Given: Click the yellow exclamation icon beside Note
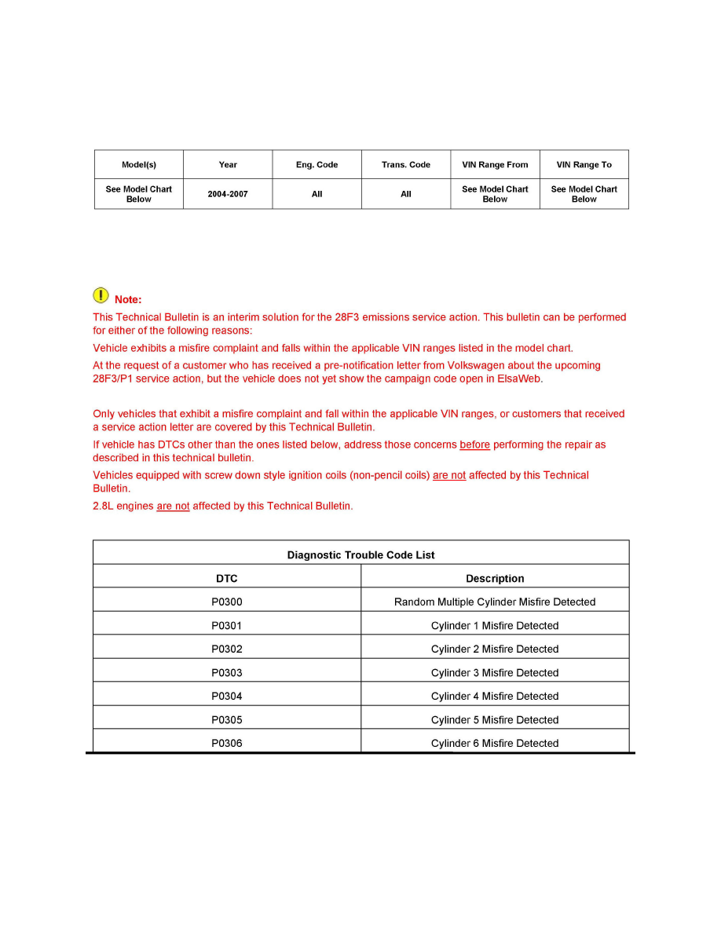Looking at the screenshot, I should click(x=101, y=295).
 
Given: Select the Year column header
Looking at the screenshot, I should click(x=228, y=165).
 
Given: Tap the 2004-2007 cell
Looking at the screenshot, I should click(x=228, y=194).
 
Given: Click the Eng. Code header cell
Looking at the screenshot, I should click(x=317, y=165).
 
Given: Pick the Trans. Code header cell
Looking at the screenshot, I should click(x=406, y=165).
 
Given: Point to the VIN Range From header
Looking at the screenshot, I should click(x=495, y=165).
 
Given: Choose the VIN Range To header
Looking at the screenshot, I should click(x=584, y=165).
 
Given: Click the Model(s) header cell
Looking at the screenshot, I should click(x=139, y=165).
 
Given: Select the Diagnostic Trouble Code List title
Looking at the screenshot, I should click(x=360, y=555).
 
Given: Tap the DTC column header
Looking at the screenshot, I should click(x=227, y=579).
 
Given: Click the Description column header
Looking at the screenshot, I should click(x=495, y=579).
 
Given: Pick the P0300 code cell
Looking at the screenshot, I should click(x=227, y=602).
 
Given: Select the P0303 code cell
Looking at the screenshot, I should click(x=227, y=673).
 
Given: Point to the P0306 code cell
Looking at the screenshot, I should click(x=227, y=744).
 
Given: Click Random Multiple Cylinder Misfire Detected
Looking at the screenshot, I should click(x=495, y=602).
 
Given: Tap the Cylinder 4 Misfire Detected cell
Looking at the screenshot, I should click(x=495, y=697).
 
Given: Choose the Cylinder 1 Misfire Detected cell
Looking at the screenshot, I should click(x=495, y=626).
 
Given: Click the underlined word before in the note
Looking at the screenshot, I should click(x=474, y=445).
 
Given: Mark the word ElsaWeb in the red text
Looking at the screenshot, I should click(x=519, y=379).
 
